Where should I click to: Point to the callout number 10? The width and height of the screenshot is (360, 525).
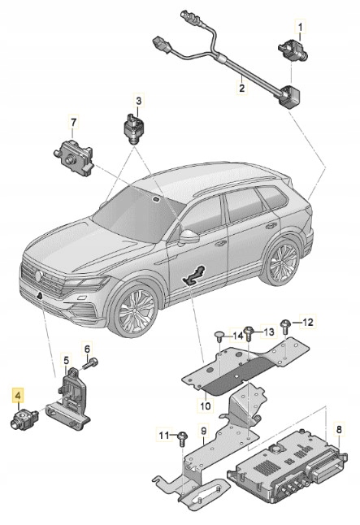(206, 405)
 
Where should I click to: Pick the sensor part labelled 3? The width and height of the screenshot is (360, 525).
(134, 127)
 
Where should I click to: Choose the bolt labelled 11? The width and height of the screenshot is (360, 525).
(182, 438)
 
